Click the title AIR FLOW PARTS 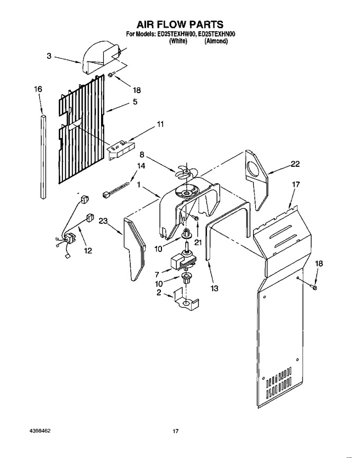(180, 24)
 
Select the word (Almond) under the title (216, 41)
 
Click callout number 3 (49, 56)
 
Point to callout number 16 (38, 89)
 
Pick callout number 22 (295, 164)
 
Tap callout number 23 (103, 221)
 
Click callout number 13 (214, 288)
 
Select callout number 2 (159, 292)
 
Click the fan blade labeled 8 (183, 172)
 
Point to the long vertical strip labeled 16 (43, 157)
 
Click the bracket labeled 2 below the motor (186, 301)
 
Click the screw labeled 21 (196, 218)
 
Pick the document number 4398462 (40, 430)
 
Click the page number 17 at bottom (175, 431)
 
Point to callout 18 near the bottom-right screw (319, 264)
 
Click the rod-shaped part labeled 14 (115, 190)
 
